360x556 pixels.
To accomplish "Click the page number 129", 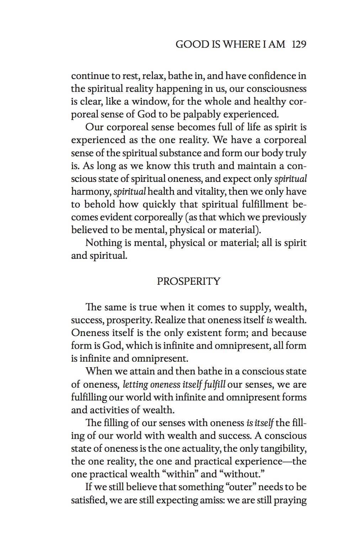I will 299,44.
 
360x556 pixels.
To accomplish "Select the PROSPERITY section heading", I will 189,281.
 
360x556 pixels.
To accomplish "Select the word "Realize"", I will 170,320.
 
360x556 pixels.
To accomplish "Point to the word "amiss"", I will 208,500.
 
